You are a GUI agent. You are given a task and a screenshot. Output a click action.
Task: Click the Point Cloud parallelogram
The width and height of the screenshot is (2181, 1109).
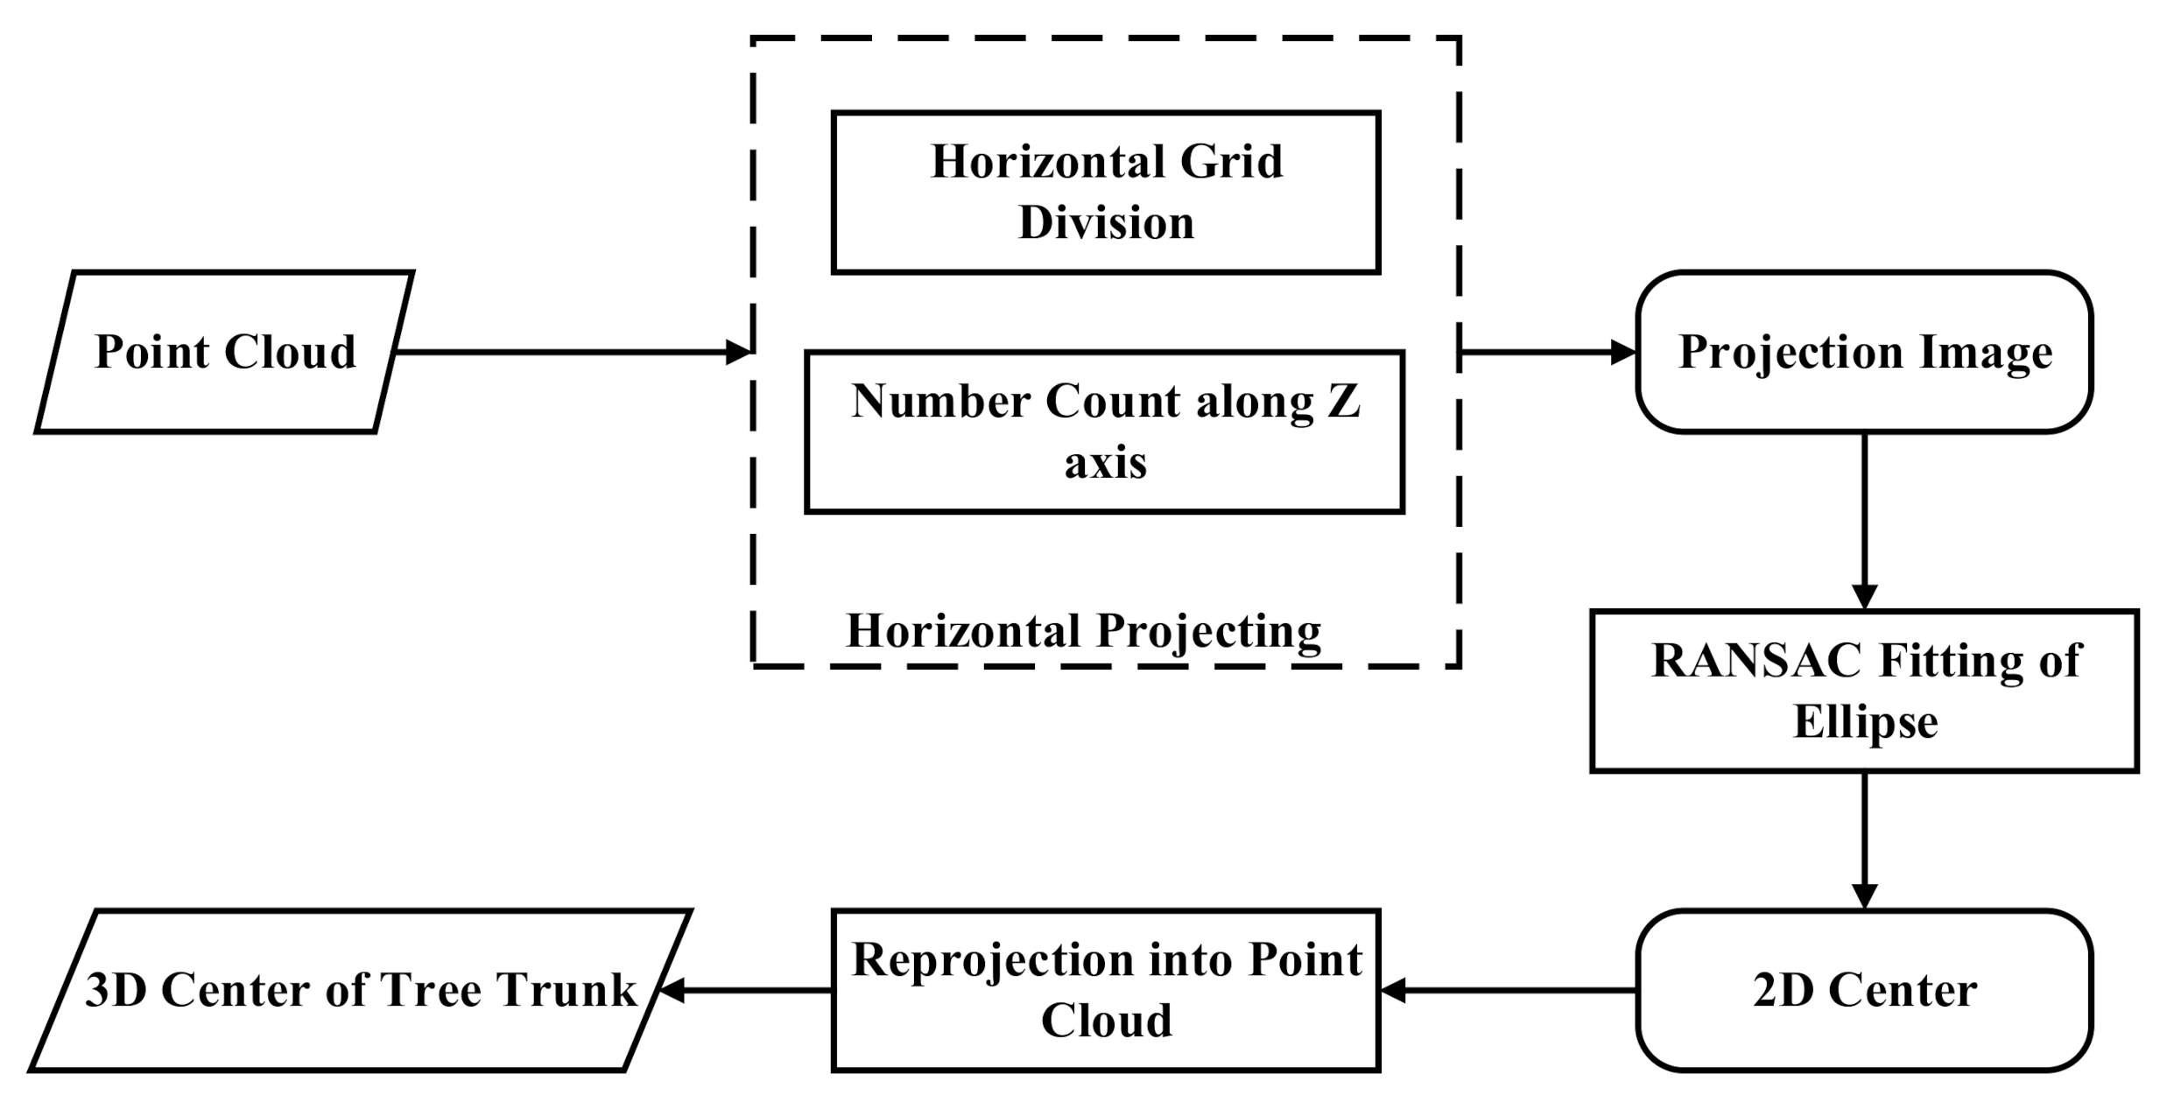224,352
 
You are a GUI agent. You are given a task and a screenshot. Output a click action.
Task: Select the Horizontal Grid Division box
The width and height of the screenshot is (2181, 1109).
1105,193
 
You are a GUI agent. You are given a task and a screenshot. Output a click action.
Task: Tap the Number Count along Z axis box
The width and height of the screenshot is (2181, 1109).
1105,432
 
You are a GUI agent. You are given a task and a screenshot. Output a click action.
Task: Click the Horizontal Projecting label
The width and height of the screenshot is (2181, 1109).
1084,631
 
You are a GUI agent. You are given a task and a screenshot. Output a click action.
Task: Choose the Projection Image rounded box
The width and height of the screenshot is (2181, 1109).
1864,352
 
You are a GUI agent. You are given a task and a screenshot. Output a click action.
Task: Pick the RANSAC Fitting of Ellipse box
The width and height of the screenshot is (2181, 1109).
1864,691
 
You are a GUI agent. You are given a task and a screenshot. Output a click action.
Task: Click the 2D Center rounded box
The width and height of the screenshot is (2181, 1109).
1864,990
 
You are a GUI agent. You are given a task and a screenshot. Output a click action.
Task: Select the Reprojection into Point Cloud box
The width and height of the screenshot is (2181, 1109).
1105,990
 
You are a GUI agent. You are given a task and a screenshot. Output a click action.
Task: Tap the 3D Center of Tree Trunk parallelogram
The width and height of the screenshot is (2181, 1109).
361,990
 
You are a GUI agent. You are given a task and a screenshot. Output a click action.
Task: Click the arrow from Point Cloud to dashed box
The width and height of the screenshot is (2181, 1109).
569,352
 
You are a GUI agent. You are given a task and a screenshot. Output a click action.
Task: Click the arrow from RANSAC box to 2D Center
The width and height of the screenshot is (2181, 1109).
1864,840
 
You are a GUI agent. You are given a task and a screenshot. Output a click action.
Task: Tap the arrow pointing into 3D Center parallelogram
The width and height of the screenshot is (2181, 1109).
744,990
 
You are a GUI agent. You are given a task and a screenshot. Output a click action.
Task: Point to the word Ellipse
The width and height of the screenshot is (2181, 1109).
1865,722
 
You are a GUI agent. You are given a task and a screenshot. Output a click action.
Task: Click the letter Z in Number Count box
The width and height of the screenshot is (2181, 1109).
1343,402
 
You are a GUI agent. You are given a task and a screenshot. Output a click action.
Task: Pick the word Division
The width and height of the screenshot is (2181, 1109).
1106,222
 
